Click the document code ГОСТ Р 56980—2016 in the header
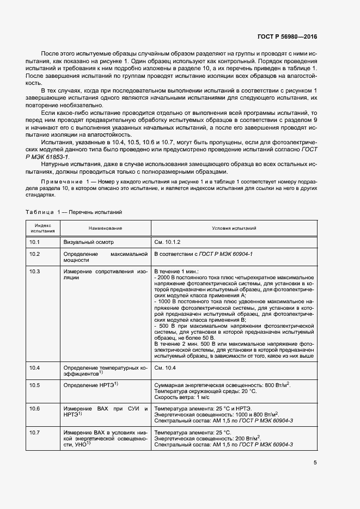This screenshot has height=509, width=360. [x=286, y=37]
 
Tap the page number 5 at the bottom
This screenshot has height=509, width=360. [x=315, y=463]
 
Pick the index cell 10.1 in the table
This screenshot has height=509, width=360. [x=34, y=241]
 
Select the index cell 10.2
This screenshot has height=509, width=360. [x=34, y=254]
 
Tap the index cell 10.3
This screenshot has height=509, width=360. [x=34, y=271]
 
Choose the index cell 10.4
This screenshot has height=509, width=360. [x=34, y=369]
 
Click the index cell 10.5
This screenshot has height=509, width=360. [x=34, y=385]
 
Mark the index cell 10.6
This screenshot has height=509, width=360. [x=34, y=408]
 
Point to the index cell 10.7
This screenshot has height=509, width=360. [x=34, y=432]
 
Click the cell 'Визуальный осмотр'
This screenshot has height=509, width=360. [x=89, y=241]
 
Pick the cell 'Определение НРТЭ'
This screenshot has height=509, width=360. [x=91, y=385]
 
